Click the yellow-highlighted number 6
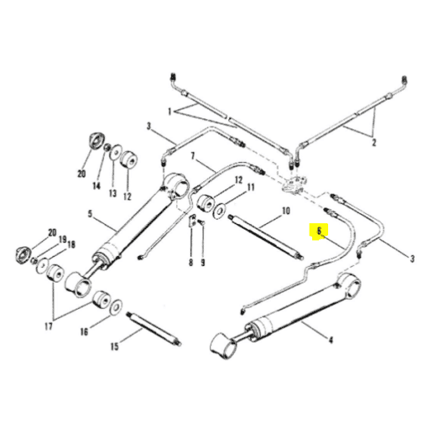coord(319,232)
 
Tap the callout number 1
coord(170,112)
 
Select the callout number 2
coord(373,143)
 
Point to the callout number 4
coord(331,340)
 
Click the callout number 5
coord(90,214)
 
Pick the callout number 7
coord(192,156)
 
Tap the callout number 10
coord(286,211)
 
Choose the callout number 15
coord(115,347)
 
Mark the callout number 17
coord(49,326)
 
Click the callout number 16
coord(84,332)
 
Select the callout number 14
coord(97,185)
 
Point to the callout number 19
coord(63,239)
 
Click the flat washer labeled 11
coord(219,210)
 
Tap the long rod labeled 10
coord(266,237)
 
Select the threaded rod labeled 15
coord(154,329)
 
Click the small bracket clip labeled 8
coord(191,221)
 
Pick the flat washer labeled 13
coord(115,152)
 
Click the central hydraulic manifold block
coord(293,185)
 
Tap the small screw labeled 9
coord(201,222)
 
